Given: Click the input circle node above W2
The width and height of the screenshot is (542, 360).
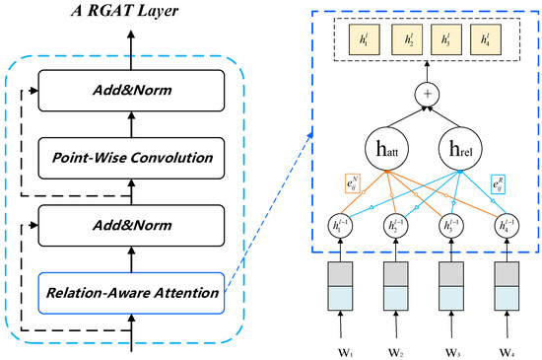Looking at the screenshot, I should click(398, 225).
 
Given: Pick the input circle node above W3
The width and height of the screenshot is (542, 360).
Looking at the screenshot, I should click(450, 225).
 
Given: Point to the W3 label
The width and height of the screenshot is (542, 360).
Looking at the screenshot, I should click(450, 347).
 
